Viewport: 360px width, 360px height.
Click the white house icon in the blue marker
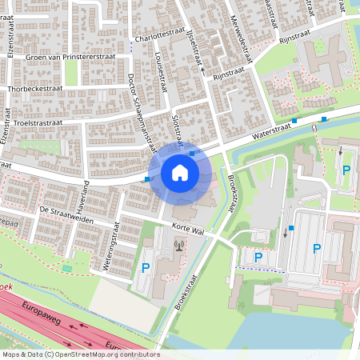click(x=179, y=173)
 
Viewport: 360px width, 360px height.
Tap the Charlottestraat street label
click(x=161, y=37)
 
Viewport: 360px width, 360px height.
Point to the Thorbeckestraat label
click(x=37, y=89)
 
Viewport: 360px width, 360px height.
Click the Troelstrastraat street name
click(x=39, y=122)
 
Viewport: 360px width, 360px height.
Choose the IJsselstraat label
click(x=194, y=50)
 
